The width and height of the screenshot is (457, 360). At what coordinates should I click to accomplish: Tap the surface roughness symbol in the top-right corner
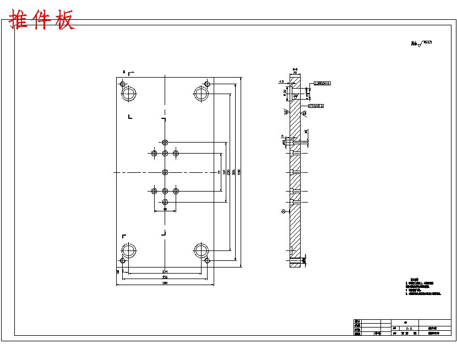421,43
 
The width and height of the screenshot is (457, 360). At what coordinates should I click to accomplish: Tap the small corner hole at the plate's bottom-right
207,261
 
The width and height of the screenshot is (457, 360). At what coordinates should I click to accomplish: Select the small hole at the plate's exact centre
165,172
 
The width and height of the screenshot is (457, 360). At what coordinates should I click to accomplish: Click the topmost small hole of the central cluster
165,141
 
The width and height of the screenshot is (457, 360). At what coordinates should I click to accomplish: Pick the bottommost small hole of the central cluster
165,202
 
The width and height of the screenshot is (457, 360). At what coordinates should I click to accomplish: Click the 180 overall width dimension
165,283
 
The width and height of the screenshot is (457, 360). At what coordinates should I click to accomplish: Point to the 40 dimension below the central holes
165,209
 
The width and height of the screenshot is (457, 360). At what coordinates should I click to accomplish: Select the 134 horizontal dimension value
165,272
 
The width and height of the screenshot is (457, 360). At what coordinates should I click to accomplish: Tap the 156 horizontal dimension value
165,277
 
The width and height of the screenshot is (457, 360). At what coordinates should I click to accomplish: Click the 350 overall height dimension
239,172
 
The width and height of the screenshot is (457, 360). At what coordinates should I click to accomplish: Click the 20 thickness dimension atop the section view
295,72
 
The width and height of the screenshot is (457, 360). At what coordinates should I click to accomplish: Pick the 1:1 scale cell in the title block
408,328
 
